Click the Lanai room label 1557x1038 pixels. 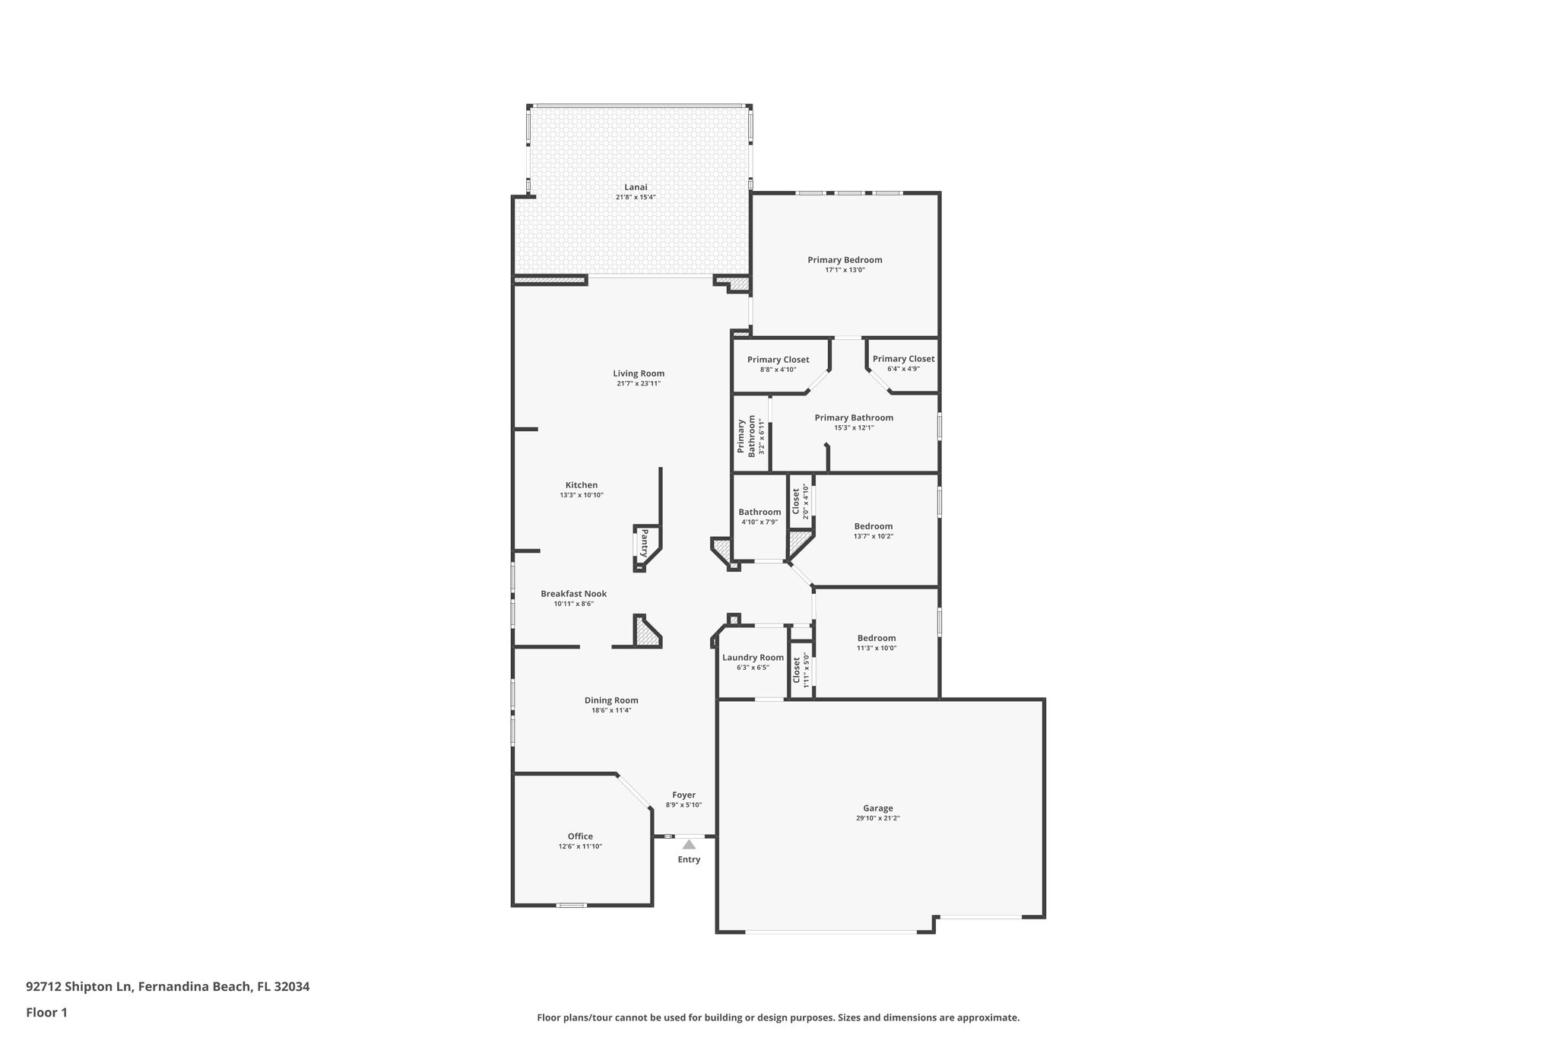coord(636,187)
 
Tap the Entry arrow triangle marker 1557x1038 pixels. coord(689,844)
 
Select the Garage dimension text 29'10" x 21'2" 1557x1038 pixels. coord(877,818)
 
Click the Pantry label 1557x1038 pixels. coord(644,544)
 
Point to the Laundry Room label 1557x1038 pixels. coord(753,658)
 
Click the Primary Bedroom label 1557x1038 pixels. coord(845,260)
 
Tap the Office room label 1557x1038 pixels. coord(580,836)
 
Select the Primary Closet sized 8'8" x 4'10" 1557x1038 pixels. coord(778,360)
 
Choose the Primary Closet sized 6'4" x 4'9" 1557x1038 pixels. coord(903,359)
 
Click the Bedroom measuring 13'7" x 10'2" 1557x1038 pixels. coord(873,526)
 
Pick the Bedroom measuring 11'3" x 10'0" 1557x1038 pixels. coord(876,638)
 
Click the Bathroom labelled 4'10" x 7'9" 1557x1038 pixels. coord(759,512)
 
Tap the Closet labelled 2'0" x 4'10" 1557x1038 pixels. coord(797,501)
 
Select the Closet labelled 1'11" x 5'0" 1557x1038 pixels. coord(797,669)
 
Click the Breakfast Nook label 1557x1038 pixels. coord(573,594)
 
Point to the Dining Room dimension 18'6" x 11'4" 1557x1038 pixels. coord(611,710)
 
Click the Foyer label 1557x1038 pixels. coord(683,795)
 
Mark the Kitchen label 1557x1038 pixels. coord(581,485)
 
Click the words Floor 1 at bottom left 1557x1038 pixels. coord(46,1012)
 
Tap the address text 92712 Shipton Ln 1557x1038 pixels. coord(79,986)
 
